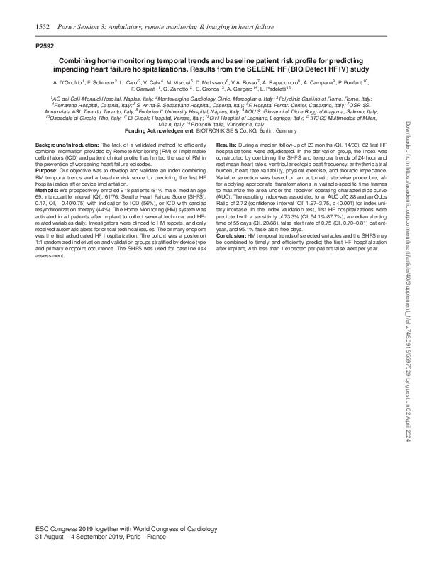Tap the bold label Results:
227,144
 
